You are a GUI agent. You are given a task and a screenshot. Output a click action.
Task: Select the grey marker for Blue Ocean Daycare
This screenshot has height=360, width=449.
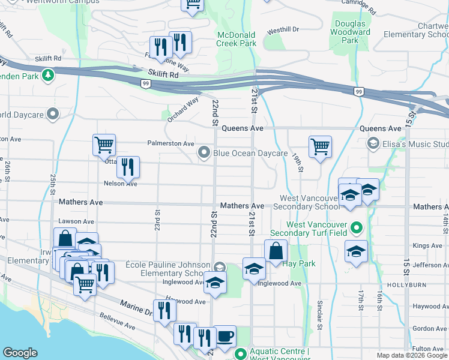coord(205,153)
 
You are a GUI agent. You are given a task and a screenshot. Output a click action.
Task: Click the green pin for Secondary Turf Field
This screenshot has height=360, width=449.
coord(356,228)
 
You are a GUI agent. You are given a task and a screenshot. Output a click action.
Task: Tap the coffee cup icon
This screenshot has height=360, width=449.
coord(225,336)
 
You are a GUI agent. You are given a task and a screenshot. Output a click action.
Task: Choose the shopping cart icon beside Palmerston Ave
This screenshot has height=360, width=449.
coord(104,145)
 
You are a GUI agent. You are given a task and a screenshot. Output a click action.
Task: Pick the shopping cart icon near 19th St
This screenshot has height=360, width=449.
coord(320,146)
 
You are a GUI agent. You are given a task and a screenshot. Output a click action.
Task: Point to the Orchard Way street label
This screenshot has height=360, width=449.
coord(182,110)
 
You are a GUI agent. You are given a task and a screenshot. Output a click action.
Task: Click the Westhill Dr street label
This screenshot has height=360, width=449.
coord(283,29)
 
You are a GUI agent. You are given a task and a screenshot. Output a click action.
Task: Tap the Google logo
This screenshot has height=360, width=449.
coord(20,353)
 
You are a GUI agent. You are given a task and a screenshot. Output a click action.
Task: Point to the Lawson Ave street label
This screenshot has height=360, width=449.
coord(73,220)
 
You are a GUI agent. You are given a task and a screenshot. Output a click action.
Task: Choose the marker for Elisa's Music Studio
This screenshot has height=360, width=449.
coord(373,143)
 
